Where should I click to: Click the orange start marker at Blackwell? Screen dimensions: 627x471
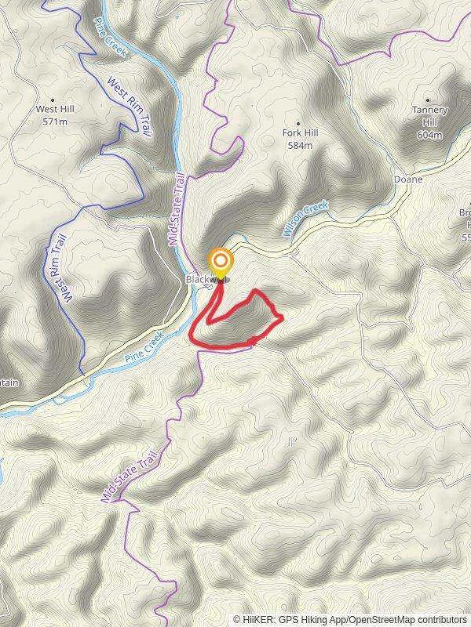pos(221,262)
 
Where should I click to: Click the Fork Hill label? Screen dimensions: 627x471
pos(299,134)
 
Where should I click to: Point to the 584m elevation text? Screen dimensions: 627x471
pos(300,146)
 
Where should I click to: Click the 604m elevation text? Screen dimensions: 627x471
pos(429,135)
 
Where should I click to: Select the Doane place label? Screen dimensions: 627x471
pos(407,179)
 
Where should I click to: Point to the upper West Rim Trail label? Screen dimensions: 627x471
pos(128,106)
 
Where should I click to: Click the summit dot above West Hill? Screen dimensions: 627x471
pos(53,100)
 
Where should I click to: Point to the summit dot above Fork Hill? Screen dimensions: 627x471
pos(298,123)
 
